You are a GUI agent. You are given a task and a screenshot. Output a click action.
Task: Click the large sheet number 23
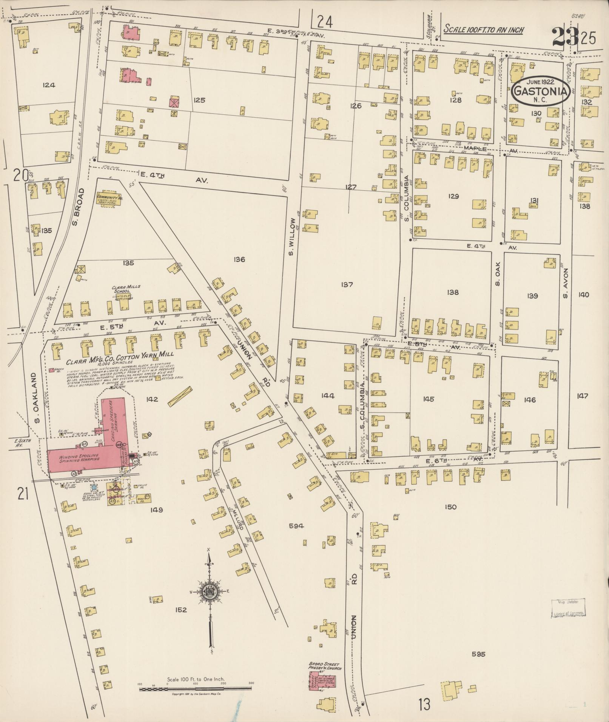[565, 37]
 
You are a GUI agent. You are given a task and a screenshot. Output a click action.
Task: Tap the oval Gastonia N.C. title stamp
[541, 91]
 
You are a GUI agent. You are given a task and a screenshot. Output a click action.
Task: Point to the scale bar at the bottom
[195, 689]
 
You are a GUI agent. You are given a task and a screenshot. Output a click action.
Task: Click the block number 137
[346, 285]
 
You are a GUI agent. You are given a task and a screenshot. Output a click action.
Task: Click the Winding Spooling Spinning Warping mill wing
[79, 459]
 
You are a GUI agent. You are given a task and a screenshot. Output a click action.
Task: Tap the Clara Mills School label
[126, 289]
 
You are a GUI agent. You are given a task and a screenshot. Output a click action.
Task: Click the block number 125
[199, 100]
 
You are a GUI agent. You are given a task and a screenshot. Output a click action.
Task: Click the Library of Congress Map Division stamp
[569, 608]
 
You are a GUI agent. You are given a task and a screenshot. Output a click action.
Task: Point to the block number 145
[429, 399]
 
